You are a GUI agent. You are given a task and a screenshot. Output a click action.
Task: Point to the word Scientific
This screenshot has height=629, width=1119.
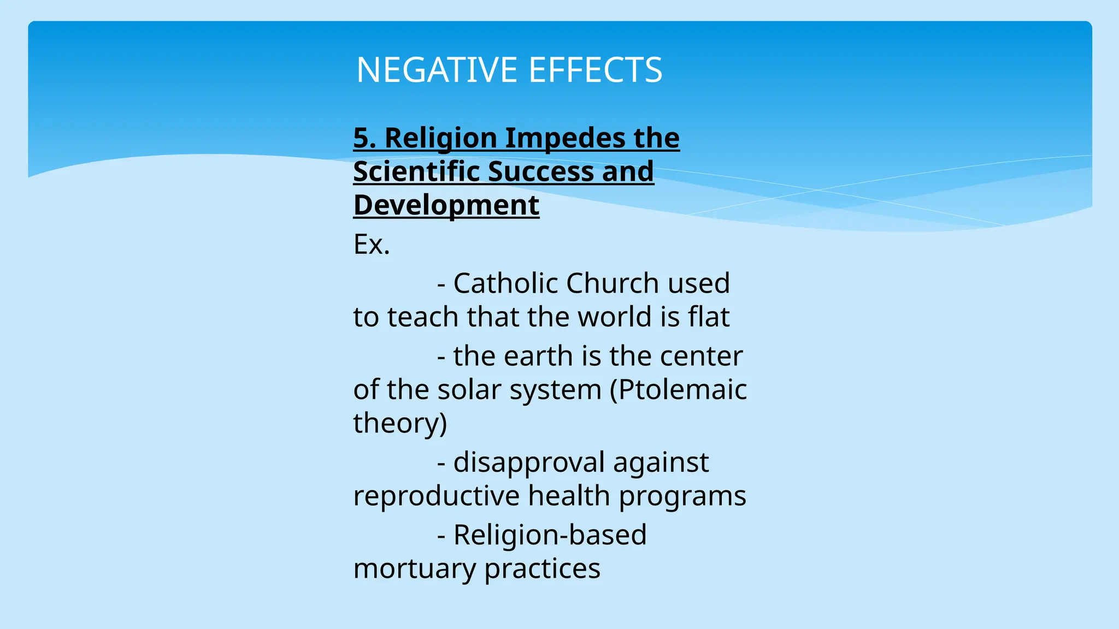coord(416,171)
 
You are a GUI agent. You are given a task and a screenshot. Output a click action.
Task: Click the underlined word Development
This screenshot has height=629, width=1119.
coord(446,205)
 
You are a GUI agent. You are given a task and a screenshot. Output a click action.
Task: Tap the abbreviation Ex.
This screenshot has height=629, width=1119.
coord(372,244)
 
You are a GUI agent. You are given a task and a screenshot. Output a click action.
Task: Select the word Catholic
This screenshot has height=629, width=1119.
coord(505,283)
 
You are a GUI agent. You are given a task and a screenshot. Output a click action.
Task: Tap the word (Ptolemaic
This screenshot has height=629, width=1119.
coord(678,390)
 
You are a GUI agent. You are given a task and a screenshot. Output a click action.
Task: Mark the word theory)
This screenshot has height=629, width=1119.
coord(400,423)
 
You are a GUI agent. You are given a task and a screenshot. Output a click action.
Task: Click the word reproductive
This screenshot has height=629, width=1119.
coord(437,496)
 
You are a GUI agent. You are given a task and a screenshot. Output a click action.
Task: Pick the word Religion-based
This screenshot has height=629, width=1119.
coord(550,535)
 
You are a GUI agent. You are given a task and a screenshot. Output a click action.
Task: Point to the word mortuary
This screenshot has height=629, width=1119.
coord(415,568)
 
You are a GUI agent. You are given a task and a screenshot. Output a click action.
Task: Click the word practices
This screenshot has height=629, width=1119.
coord(542,568)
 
